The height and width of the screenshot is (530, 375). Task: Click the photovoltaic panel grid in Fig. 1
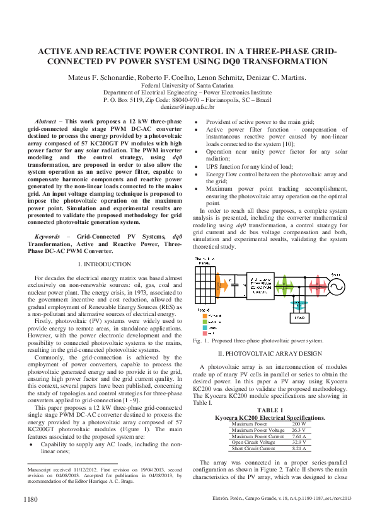[204, 281]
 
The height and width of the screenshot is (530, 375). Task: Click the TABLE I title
[270, 410]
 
